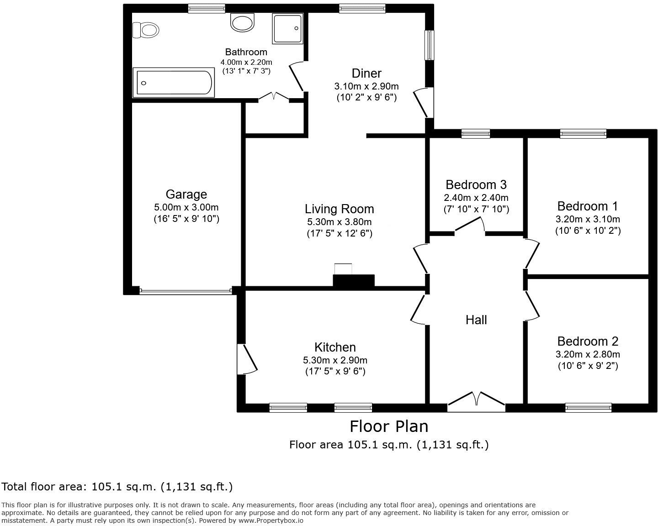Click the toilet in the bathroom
pyautogui.click(x=146, y=31)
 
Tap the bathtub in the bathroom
pyautogui.click(x=173, y=83)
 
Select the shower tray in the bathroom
pyautogui.click(x=287, y=28)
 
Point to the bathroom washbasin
pyautogui.click(x=242, y=22)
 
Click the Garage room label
pyautogui.click(x=186, y=195)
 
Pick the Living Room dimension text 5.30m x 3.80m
pyautogui.click(x=339, y=222)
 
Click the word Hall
pyautogui.click(x=476, y=320)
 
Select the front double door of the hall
pyautogui.click(x=476, y=400)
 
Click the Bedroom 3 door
pyautogui.click(x=470, y=226)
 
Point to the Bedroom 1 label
pyautogui.click(x=588, y=205)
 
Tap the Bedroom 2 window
pyautogui.click(x=588, y=407)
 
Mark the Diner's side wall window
pyautogui.click(x=429, y=45)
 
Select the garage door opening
pyautogui.click(x=186, y=290)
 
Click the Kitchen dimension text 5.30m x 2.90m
pyautogui.click(x=335, y=360)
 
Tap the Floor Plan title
pyautogui.click(x=389, y=426)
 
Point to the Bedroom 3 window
pyautogui.click(x=475, y=133)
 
